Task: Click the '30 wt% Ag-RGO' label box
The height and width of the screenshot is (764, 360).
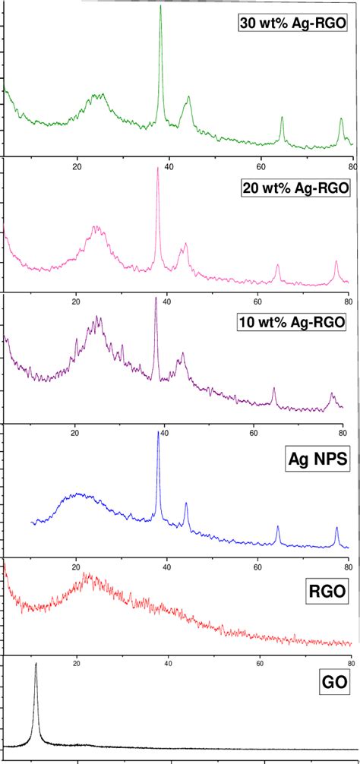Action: pyautogui.click(x=292, y=25)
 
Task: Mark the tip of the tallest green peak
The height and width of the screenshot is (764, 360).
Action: pyautogui.click(x=160, y=6)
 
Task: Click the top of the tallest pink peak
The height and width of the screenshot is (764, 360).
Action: pyautogui.click(x=157, y=169)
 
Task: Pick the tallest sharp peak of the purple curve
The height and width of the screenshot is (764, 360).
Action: pyautogui.click(x=156, y=298)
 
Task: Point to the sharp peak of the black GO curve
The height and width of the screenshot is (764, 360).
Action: pyautogui.click(x=35, y=664)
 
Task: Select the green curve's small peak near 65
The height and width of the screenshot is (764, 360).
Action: pyautogui.click(x=282, y=118)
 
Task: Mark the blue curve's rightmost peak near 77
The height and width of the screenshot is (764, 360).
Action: pyautogui.click(x=336, y=527)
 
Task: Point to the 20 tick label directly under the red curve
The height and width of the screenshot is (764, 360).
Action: pyautogui.click(x=77, y=661)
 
